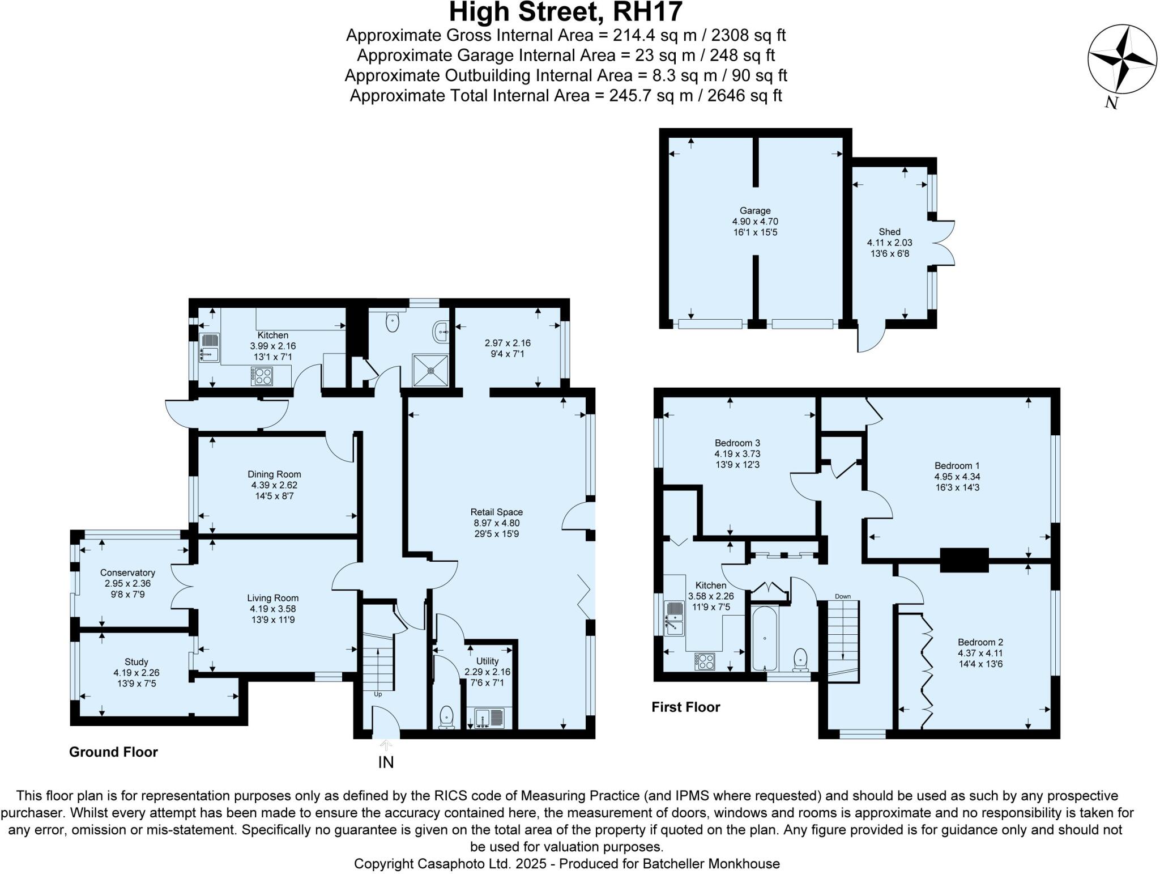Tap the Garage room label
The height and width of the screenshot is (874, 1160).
click(755, 211)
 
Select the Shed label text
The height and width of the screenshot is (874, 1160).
click(889, 232)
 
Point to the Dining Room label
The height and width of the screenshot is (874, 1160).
click(274, 474)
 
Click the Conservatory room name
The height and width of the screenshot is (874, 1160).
click(127, 572)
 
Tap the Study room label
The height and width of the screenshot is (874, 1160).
click(136, 662)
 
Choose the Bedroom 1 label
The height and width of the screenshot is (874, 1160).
click(957, 466)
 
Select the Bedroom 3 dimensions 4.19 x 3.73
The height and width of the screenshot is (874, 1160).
click(737, 454)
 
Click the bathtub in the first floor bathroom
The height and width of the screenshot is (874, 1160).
click(765, 639)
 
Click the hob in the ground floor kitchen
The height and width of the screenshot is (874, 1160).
click(262, 376)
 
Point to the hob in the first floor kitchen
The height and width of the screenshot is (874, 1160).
click(705, 661)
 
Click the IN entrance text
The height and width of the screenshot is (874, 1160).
click(386, 762)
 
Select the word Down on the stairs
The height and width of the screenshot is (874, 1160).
click(843, 596)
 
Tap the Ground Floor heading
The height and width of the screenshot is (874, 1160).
click(113, 752)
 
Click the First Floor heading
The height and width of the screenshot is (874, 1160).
click(685, 707)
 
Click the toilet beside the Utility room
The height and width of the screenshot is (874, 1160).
click(446, 717)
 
